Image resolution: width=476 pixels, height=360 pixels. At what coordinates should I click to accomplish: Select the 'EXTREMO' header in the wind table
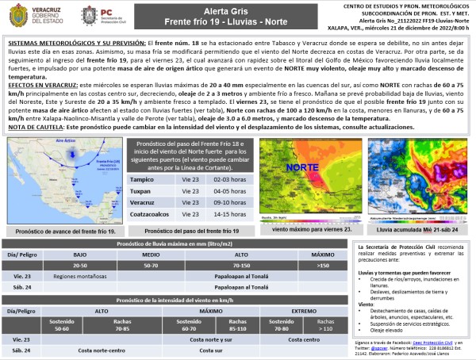[x=302, y=312]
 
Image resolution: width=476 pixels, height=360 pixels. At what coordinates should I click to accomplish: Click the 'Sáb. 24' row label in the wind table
[x=21, y=350]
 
